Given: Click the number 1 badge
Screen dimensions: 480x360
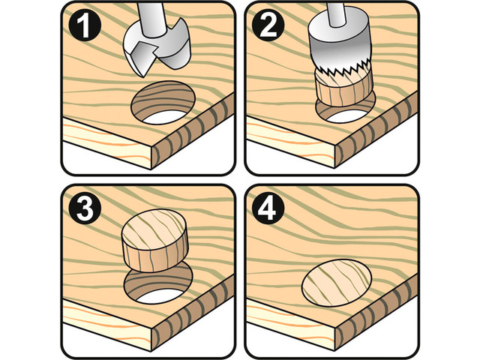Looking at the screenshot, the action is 85,26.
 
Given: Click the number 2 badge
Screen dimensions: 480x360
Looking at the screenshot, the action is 268,26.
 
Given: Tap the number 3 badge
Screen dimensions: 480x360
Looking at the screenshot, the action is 85,209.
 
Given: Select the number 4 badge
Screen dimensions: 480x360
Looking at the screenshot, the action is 268,209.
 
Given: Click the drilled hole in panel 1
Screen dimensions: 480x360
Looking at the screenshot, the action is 163,103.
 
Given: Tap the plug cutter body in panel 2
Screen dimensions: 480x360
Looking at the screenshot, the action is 339,40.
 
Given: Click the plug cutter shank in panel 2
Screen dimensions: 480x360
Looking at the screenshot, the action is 336,13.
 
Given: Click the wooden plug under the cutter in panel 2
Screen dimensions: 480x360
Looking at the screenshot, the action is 343,87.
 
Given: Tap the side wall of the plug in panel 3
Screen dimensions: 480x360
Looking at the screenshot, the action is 155,257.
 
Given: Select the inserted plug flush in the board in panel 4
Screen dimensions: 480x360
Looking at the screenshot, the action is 337,283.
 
